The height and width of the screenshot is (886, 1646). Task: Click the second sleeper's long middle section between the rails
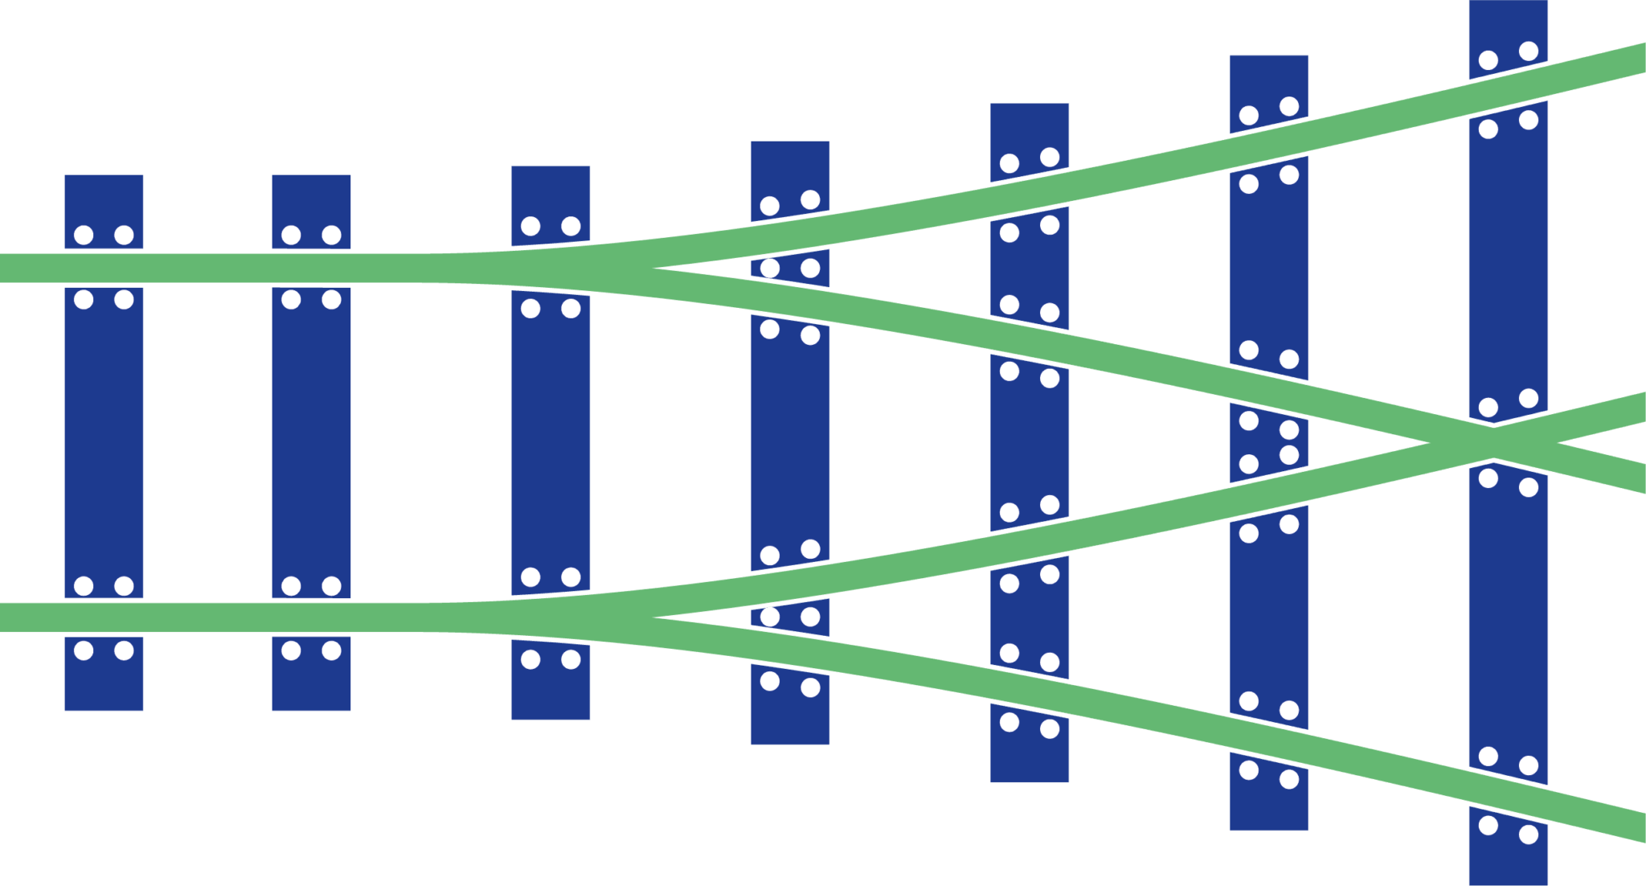click(x=311, y=442)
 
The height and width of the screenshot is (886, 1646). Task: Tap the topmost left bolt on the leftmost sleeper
click(x=84, y=235)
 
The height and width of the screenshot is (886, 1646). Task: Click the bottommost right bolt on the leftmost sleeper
click(x=124, y=650)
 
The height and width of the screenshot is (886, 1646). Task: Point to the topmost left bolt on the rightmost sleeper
click(x=1488, y=60)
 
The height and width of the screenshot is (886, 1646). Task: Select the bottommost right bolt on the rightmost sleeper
click(x=1529, y=835)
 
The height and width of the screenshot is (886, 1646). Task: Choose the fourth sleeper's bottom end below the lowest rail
click(x=790, y=708)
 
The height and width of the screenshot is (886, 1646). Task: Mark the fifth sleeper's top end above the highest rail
click(x=1030, y=137)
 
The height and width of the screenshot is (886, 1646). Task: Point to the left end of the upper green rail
click(x=6, y=268)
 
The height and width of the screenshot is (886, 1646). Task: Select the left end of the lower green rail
click(x=6, y=617)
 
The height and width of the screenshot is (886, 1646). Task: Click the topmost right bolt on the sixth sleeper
click(x=1289, y=106)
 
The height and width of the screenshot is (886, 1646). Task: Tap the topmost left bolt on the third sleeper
click(x=530, y=226)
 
